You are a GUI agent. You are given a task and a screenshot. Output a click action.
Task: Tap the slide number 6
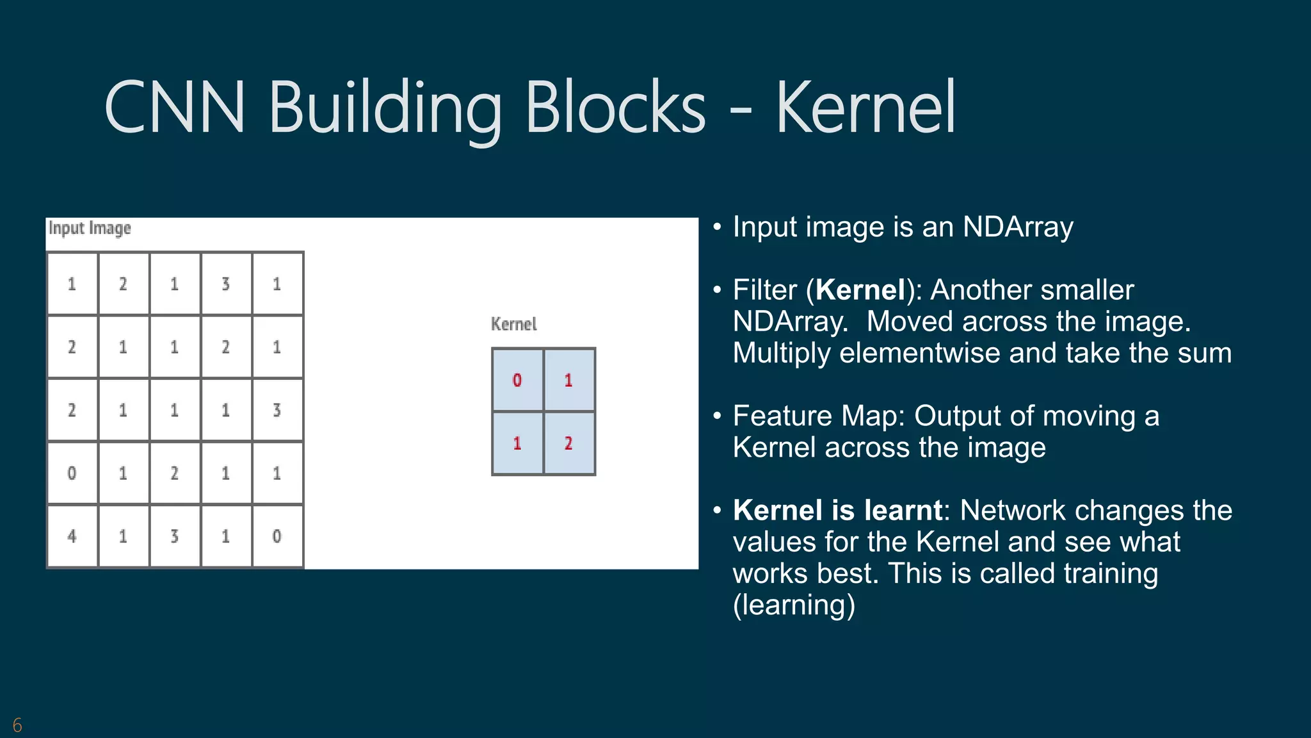pos(17,725)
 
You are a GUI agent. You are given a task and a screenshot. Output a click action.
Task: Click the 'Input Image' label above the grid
pos(90,228)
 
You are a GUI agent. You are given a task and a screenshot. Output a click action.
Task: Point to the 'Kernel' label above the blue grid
pos(513,324)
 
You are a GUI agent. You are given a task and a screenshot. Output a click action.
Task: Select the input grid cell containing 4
pos(72,536)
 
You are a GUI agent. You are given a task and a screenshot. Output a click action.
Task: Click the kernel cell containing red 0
pos(517,381)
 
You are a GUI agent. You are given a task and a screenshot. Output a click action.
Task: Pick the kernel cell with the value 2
pos(568,443)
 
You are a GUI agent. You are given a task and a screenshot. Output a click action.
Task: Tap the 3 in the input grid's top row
pos(225,284)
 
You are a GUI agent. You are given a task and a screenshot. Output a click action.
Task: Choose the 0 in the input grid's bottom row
pos(277,536)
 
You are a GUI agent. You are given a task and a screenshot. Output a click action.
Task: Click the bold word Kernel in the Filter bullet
pos(860,290)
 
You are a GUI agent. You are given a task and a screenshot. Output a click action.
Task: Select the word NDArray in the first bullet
pos(1018,227)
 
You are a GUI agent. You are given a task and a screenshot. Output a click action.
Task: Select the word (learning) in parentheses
pos(794,605)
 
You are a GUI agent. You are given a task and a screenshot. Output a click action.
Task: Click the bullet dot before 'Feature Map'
pos(718,416)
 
